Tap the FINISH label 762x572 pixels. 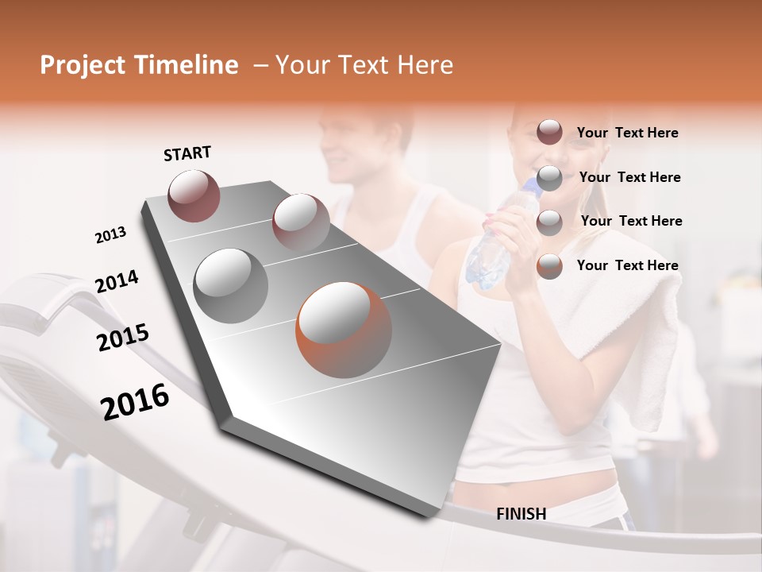click(x=521, y=514)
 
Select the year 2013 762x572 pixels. click(x=110, y=235)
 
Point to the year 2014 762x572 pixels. click(x=117, y=281)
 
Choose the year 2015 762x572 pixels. click(x=123, y=338)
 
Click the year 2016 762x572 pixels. click(x=135, y=402)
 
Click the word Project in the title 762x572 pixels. click(x=83, y=65)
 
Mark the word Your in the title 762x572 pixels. click(x=302, y=65)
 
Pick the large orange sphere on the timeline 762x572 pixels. click(x=344, y=330)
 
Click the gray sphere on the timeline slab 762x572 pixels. click(x=231, y=286)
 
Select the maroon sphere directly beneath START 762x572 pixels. click(x=194, y=195)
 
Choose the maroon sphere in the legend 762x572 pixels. click(x=549, y=133)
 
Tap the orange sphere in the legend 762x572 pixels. click(x=549, y=266)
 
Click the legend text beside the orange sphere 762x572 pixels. click(x=627, y=265)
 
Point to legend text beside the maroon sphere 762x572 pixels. click(x=627, y=133)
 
